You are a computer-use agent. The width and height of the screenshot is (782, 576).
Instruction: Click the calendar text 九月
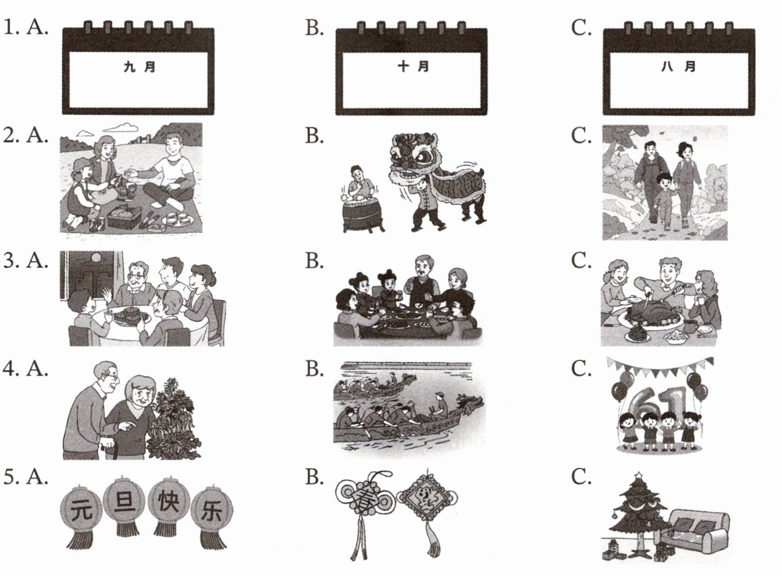pos(139,66)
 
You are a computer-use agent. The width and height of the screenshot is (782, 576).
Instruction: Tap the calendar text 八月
pos(678,66)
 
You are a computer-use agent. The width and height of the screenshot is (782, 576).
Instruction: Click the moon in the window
pos(97,258)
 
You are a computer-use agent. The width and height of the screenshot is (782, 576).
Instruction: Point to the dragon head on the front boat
pos(471,403)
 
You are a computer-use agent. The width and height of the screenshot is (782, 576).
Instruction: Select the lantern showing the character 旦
pos(124,504)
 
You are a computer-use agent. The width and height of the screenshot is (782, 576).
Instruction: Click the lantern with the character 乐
pos(213,516)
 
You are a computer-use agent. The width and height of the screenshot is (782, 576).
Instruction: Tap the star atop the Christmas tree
pos(638,475)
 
